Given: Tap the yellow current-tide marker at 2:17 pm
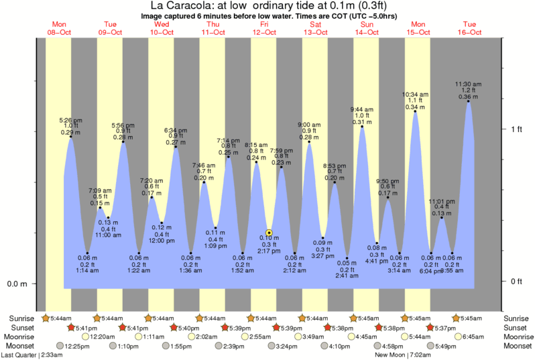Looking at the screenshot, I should point(269,232).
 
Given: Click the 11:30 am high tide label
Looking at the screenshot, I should point(468,84).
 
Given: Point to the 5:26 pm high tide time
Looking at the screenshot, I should point(70,121).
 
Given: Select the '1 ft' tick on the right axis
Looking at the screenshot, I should point(516,129).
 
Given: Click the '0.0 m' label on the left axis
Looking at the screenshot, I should point(17,284).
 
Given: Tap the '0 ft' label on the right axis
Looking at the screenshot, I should point(516,281).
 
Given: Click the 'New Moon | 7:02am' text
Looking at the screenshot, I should point(402,354).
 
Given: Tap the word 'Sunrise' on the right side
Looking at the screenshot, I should point(516,318).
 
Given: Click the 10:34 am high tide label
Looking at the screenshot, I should point(415,94).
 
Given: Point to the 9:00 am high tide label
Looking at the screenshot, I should point(309,124).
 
